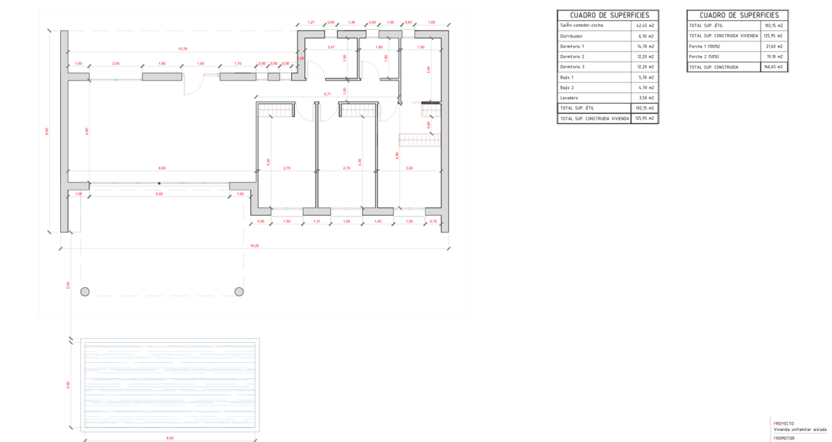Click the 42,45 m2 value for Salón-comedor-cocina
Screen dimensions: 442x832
646,26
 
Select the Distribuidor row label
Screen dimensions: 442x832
572,36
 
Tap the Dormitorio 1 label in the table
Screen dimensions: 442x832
573,46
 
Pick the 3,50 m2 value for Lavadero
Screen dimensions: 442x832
646,98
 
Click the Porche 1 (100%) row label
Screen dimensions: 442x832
705,46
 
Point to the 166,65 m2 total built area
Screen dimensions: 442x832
775,67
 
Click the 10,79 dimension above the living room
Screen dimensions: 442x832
182,49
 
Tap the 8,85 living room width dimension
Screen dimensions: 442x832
162,168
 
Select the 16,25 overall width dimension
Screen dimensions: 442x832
255,246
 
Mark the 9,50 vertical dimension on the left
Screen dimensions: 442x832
47,130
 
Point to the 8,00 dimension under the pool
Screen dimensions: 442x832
170,439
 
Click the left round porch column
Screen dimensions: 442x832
85,291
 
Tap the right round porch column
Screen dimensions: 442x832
239,291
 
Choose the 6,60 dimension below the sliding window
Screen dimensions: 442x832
159,194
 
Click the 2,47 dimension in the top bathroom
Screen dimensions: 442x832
331,46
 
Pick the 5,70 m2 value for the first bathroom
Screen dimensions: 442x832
646,77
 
